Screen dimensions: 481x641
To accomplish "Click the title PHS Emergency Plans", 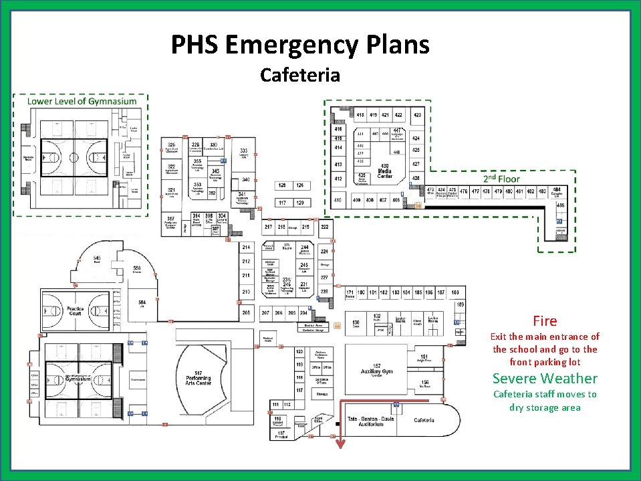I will pos(300,45).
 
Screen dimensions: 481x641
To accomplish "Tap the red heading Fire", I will pos(545,321).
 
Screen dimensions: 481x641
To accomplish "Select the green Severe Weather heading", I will pos(545,378).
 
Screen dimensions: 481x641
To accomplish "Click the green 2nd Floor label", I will pos(501,179).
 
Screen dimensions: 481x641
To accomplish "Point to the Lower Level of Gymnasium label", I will pos(82,101).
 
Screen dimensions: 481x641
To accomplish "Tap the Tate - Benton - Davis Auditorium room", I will pos(375,421).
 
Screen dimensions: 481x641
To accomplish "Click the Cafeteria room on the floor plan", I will pos(424,420).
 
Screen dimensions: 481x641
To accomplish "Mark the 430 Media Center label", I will pos(384,171).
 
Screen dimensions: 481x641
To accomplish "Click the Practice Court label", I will pos(75,311).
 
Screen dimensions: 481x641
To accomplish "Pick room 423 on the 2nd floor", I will pos(417,115).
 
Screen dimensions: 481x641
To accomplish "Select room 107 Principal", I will pos(281,434).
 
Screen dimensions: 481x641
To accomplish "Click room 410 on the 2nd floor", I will pos(338,199).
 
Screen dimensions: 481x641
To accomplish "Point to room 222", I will pos(325,227).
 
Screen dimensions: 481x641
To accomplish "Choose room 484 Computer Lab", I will pos(556,192).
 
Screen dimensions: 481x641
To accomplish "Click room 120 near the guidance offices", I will pos(299,352).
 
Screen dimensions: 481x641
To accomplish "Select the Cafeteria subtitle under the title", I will pos(300,74).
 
